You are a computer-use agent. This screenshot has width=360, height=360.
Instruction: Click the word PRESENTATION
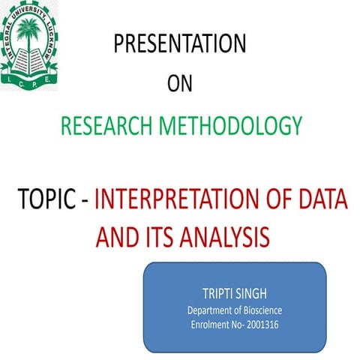coord(179,45)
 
